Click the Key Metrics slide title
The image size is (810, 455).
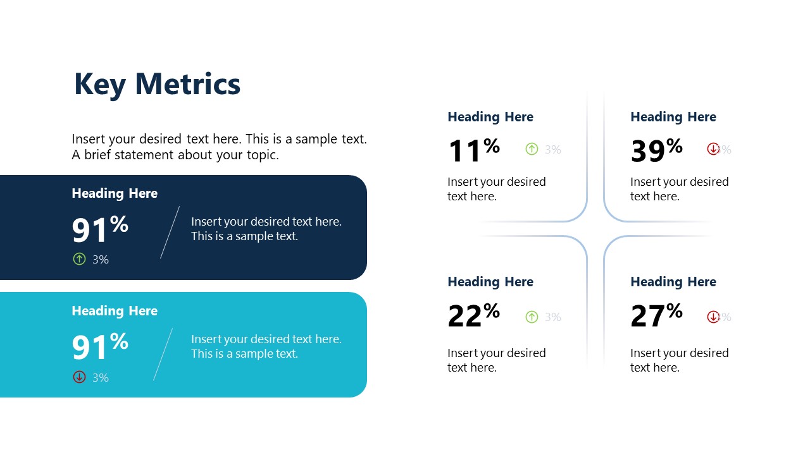click(x=157, y=84)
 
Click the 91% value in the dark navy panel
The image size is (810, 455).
click(x=99, y=229)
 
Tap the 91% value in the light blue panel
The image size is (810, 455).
click(x=99, y=346)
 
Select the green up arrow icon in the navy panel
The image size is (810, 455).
click(x=79, y=258)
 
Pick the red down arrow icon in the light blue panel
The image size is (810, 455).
click(x=79, y=377)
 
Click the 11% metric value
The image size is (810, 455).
click(x=473, y=150)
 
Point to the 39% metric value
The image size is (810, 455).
click(x=656, y=150)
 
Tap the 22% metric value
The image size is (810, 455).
click(x=473, y=315)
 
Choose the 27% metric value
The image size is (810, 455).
click(x=656, y=315)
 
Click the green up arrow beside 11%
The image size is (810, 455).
click(x=532, y=149)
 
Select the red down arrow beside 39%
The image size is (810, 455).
click(x=713, y=149)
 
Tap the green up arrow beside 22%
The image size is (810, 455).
click(x=532, y=317)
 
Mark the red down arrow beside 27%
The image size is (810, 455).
click(x=713, y=317)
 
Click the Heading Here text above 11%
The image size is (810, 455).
click(x=490, y=117)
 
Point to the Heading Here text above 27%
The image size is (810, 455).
click(x=673, y=282)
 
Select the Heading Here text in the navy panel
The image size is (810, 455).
click(x=115, y=193)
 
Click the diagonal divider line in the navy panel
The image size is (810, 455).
click(x=170, y=232)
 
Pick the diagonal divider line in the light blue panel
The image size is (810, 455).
click(x=163, y=354)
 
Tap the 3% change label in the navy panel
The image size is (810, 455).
click(x=101, y=259)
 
